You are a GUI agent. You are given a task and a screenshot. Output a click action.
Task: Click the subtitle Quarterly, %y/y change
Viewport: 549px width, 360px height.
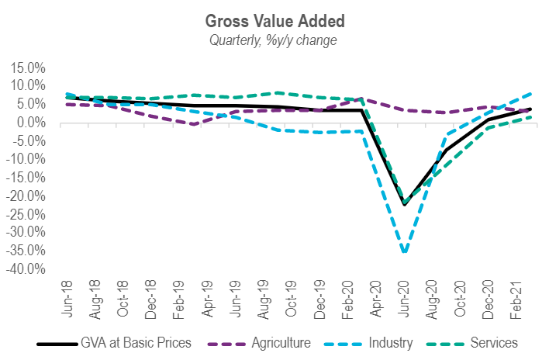(x=274, y=40)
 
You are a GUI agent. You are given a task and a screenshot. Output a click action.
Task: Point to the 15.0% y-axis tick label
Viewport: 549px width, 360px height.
(x=28, y=67)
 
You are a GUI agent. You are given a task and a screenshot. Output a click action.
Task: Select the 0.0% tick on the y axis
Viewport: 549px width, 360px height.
(x=31, y=123)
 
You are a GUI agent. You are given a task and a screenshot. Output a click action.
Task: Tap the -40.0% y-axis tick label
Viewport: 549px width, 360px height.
(x=26, y=268)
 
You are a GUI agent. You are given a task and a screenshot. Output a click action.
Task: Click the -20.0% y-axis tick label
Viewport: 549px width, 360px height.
(x=26, y=196)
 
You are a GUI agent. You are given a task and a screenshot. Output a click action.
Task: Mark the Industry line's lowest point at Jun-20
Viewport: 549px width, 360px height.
(x=404, y=252)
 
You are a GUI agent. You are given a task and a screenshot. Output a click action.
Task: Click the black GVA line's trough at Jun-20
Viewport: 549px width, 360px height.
(x=404, y=205)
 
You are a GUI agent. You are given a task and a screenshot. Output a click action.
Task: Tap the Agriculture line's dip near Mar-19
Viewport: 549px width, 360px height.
(x=192, y=124)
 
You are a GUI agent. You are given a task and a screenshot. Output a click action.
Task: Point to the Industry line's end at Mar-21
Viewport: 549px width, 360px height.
(x=530, y=92)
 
